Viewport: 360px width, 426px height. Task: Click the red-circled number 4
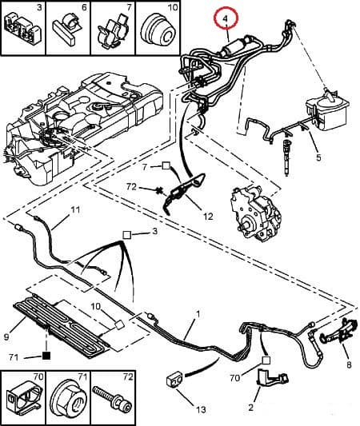tap(226, 17)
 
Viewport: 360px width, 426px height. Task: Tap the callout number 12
tap(209, 216)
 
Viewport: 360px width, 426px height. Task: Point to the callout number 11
tap(76, 210)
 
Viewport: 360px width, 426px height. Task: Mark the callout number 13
tap(201, 409)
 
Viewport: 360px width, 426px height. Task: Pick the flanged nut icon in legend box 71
tap(67, 397)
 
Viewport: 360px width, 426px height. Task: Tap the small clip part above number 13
tap(172, 377)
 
